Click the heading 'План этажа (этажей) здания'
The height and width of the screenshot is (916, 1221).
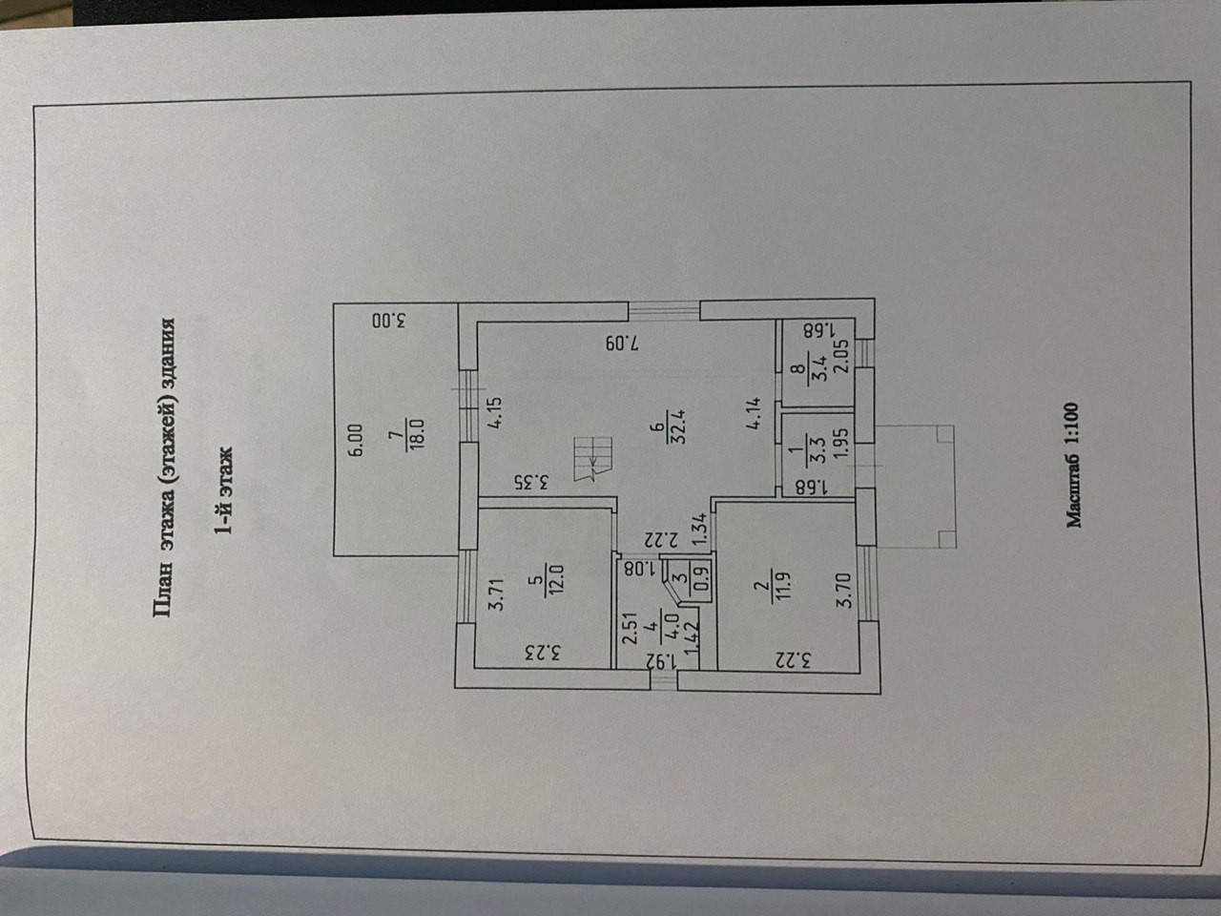point(163,467)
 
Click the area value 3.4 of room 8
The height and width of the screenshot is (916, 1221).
point(817,368)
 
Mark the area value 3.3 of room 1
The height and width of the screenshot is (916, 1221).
point(817,450)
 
